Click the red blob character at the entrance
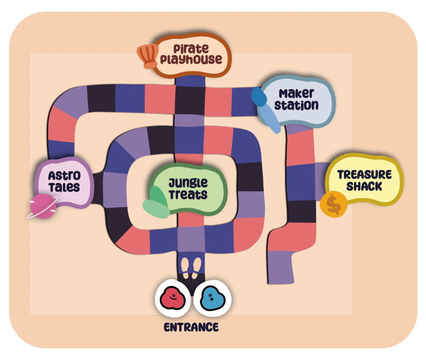[x=173, y=298]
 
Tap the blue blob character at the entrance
[x=212, y=298]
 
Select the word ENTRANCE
[x=191, y=327]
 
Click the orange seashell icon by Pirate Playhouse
[x=149, y=56]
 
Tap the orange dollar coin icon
[x=333, y=205]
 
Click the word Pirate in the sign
[x=191, y=49]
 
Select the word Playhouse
[x=191, y=59]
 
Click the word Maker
[x=296, y=93]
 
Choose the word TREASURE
[x=364, y=175]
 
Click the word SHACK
[x=364, y=186]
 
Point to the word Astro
[x=64, y=176]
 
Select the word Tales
[x=64, y=187]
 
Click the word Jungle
[x=188, y=183]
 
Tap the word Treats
[x=189, y=194]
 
